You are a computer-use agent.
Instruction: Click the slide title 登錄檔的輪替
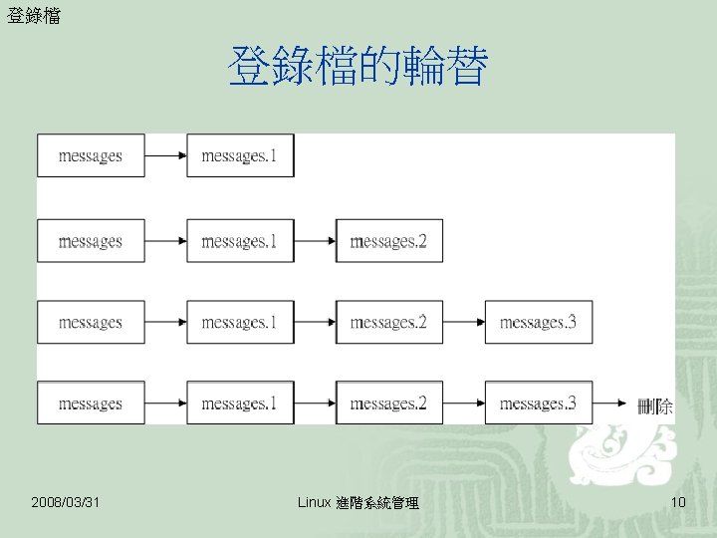pyautogui.click(x=358, y=68)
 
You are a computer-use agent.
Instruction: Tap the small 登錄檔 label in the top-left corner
pyautogui.click(x=33, y=15)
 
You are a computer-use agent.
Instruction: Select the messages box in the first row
pyautogui.click(x=91, y=155)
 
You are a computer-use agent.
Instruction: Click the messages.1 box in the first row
pyautogui.click(x=240, y=155)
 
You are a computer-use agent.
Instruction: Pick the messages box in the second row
pyautogui.click(x=91, y=241)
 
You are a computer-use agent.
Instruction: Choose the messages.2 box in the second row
pyautogui.click(x=388, y=241)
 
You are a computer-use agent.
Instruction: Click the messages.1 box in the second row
pyautogui.click(x=240, y=241)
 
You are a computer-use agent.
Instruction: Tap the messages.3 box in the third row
pyautogui.click(x=538, y=322)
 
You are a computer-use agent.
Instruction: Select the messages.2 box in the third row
pyautogui.click(x=388, y=322)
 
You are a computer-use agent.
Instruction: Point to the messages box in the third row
pyautogui.click(x=91, y=322)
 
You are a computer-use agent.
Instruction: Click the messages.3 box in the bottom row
pyautogui.click(x=538, y=403)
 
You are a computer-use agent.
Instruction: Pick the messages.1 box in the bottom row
pyautogui.click(x=240, y=403)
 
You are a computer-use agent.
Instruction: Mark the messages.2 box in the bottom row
pyautogui.click(x=388, y=403)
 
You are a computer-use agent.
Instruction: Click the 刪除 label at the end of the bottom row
pyautogui.click(x=655, y=405)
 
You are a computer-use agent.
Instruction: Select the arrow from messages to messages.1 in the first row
pyautogui.click(x=165, y=155)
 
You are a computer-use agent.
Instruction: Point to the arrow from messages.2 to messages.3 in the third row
pyautogui.click(x=464, y=322)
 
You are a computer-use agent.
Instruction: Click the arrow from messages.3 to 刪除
pyautogui.click(x=611, y=403)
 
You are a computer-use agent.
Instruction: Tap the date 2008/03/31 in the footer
pyautogui.click(x=66, y=502)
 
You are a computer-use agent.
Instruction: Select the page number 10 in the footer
pyautogui.click(x=678, y=502)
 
